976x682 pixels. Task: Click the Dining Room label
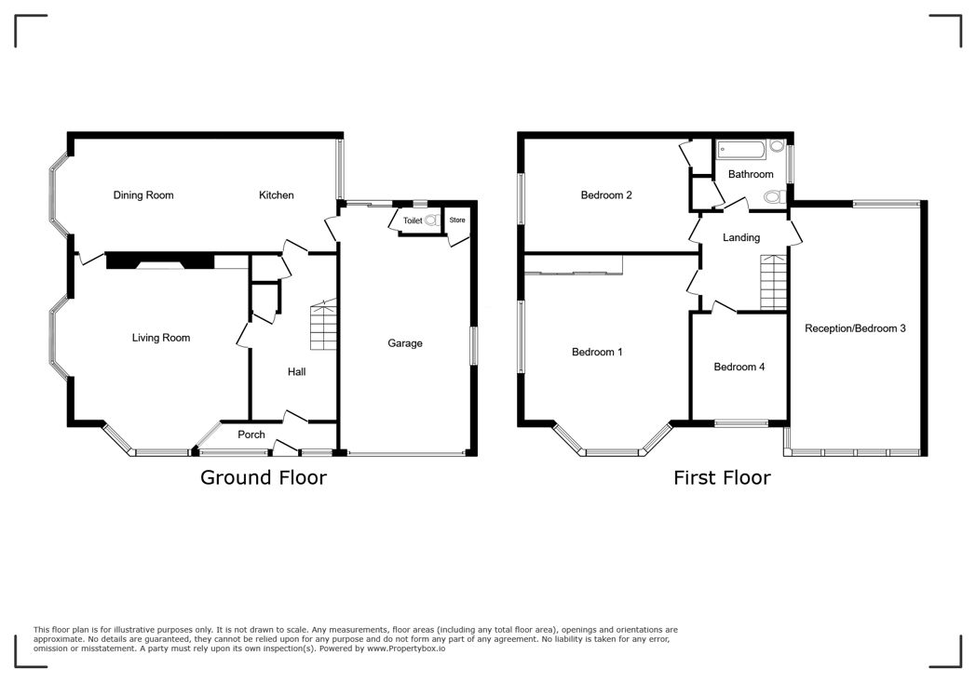tap(143, 195)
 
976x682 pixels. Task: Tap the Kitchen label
tap(276, 195)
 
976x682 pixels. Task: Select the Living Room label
tap(160, 338)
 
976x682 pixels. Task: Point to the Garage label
tap(405, 343)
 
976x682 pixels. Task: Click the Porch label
tap(251, 435)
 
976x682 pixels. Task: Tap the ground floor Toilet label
tap(412, 221)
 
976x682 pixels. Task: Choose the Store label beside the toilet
tap(457, 221)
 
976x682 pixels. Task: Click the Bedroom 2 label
tap(606, 195)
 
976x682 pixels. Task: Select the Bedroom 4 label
tap(739, 367)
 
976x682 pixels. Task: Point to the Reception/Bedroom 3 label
tap(855, 328)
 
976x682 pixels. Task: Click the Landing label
tap(741, 237)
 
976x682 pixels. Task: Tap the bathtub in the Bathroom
tap(741, 149)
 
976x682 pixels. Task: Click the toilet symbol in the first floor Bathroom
tap(771, 197)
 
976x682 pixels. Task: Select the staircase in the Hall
tap(322, 325)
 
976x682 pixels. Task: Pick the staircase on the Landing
tap(774, 283)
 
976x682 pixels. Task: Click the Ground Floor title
tap(264, 478)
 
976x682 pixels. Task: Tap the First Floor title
tap(722, 478)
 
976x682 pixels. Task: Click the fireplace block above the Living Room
tap(156, 261)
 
